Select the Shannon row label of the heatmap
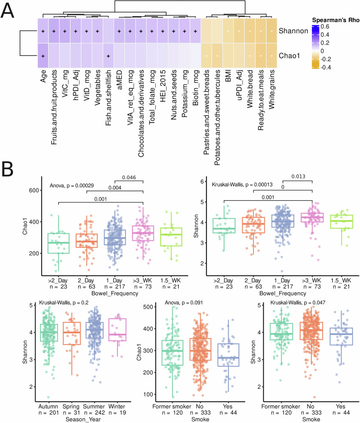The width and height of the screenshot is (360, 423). tap(291, 31)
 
